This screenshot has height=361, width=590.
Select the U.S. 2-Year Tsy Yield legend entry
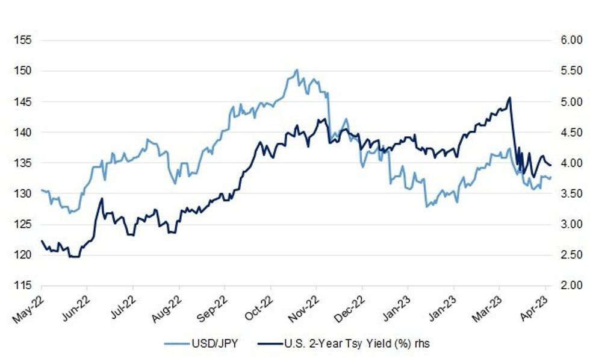click(355, 344)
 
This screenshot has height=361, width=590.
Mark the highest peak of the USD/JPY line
click(296, 70)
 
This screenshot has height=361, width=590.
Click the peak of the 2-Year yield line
click(510, 98)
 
